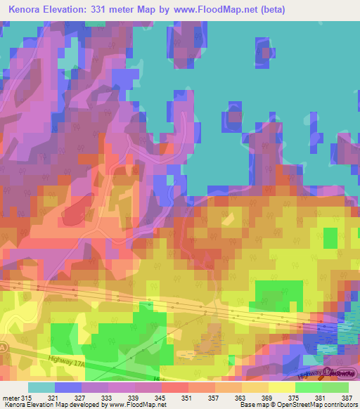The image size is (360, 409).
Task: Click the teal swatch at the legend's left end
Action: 41,387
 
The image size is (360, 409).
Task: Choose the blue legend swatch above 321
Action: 67,387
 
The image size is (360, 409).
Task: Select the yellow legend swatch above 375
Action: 281,387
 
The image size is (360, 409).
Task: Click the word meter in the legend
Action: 11,398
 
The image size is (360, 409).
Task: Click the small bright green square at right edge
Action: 330,238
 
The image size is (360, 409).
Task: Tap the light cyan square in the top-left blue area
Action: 67,63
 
